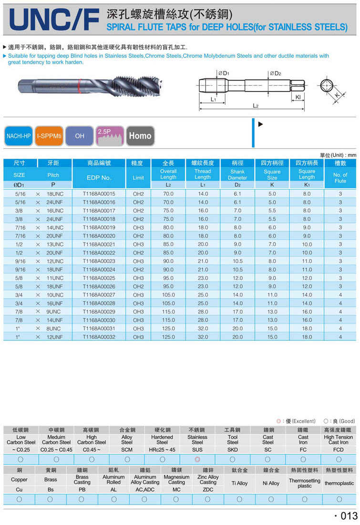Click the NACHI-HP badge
(19, 136)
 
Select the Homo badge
(140, 136)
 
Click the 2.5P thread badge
(110, 136)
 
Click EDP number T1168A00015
(99, 194)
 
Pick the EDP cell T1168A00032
(99, 337)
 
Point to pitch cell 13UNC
(55, 244)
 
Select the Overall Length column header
(168, 174)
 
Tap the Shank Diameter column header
(237, 174)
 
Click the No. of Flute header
(340, 178)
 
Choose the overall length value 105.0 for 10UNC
(168, 295)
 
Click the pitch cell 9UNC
(53, 312)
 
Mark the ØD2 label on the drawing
(275, 73)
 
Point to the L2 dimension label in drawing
(256, 106)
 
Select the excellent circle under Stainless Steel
(197, 459)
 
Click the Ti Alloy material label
(239, 483)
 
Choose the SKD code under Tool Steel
(233, 449)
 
